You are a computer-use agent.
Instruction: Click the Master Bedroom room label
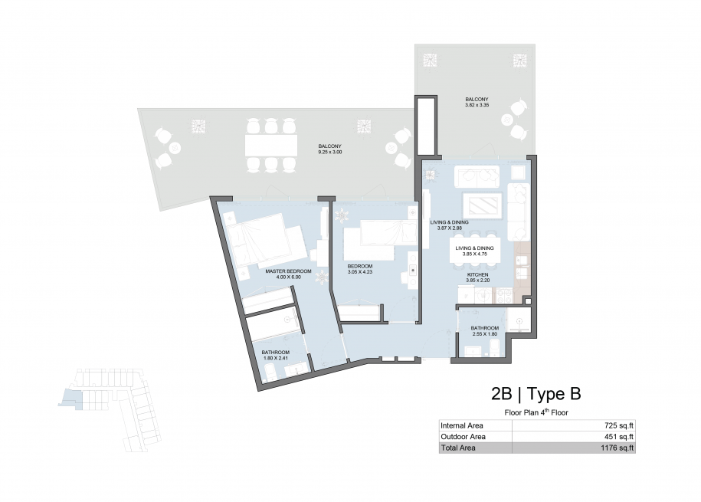(x=288, y=271)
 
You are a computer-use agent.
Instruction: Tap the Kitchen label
(x=477, y=274)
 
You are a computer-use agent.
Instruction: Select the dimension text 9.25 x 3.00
(x=330, y=152)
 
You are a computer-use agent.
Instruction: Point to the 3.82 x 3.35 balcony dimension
(x=477, y=105)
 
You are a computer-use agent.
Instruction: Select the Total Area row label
(x=458, y=448)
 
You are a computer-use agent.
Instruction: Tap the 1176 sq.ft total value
(x=617, y=448)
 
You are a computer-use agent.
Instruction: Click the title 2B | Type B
(x=536, y=394)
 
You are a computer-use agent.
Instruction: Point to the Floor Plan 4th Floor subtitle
(x=536, y=412)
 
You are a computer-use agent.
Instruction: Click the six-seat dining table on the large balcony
(x=271, y=146)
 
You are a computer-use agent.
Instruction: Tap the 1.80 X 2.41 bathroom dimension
(x=275, y=358)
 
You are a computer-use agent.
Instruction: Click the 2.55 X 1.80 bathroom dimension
(x=485, y=333)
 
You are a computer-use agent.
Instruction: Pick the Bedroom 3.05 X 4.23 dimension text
(x=360, y=271)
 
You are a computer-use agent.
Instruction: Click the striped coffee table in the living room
(x=481, y=206)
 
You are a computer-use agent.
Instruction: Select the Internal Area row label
(x=462, y=425)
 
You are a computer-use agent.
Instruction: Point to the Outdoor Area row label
(x=464, y=437)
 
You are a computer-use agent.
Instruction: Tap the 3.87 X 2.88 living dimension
(x=449, y=228)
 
